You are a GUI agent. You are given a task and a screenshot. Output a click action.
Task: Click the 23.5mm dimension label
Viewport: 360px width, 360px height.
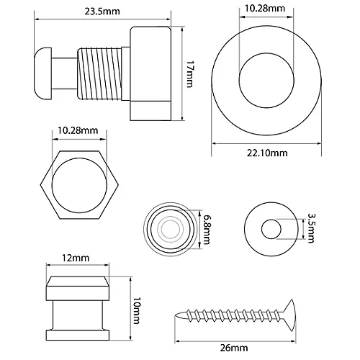click(x=102, y=12)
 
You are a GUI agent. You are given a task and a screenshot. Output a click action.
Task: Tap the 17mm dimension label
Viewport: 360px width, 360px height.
click(x=189, y=74)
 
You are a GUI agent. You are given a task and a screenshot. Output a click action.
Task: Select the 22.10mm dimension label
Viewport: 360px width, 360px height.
click(x=267, y=153)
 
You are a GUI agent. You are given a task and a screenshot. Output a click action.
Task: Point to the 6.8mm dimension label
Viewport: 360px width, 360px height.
click(x=207, y=229)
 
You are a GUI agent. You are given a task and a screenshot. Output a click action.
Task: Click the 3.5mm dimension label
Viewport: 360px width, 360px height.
click(x=310, y=228)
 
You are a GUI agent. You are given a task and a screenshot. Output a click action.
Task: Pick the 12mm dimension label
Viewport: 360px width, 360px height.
click(x=76, y=258)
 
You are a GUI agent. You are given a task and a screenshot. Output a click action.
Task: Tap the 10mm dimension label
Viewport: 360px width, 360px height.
click(x=136, y=311)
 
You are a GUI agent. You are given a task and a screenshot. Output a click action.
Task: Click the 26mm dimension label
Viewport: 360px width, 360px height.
click(x=234, y=348)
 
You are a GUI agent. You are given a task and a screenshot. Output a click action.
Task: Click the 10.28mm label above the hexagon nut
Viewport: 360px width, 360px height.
click(x=78, y=130)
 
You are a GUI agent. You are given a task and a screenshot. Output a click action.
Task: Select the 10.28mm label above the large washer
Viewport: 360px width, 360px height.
click(x=265, y=9)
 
